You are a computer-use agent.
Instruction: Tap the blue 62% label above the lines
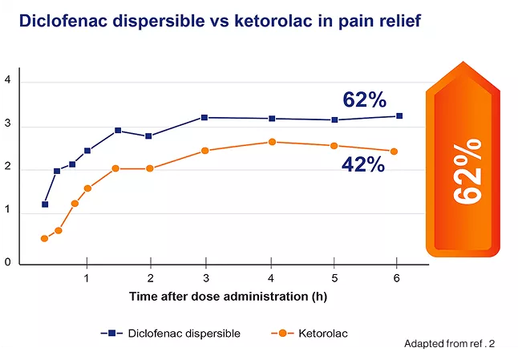tap(365, 100)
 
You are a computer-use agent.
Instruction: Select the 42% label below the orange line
tap(363, 164)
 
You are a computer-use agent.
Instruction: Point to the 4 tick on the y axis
tap(7, 80)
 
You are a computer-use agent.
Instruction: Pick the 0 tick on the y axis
tap(7, 262)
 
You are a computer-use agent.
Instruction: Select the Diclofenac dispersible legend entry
tap(172, 333)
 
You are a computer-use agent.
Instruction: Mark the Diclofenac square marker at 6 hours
tap(399, 116)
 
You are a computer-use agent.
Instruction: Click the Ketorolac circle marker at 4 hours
tap(272, 142)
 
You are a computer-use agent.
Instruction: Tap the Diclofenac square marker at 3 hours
tap(205, 118)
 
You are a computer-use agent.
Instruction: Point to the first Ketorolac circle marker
tap(45, 238)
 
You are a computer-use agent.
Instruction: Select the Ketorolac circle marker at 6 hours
tap(394, 152)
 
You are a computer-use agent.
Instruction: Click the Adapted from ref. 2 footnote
tap(449, 344)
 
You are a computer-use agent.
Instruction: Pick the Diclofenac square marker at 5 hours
tap(334, 120)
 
